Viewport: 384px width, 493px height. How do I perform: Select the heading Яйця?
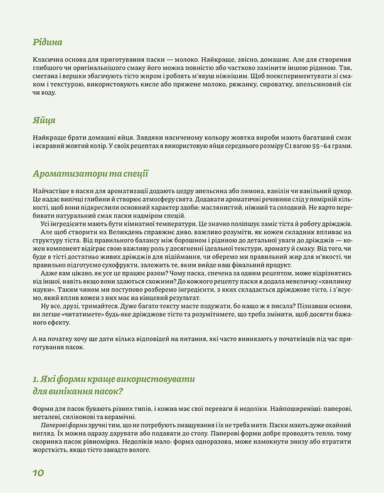pos(44,121)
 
